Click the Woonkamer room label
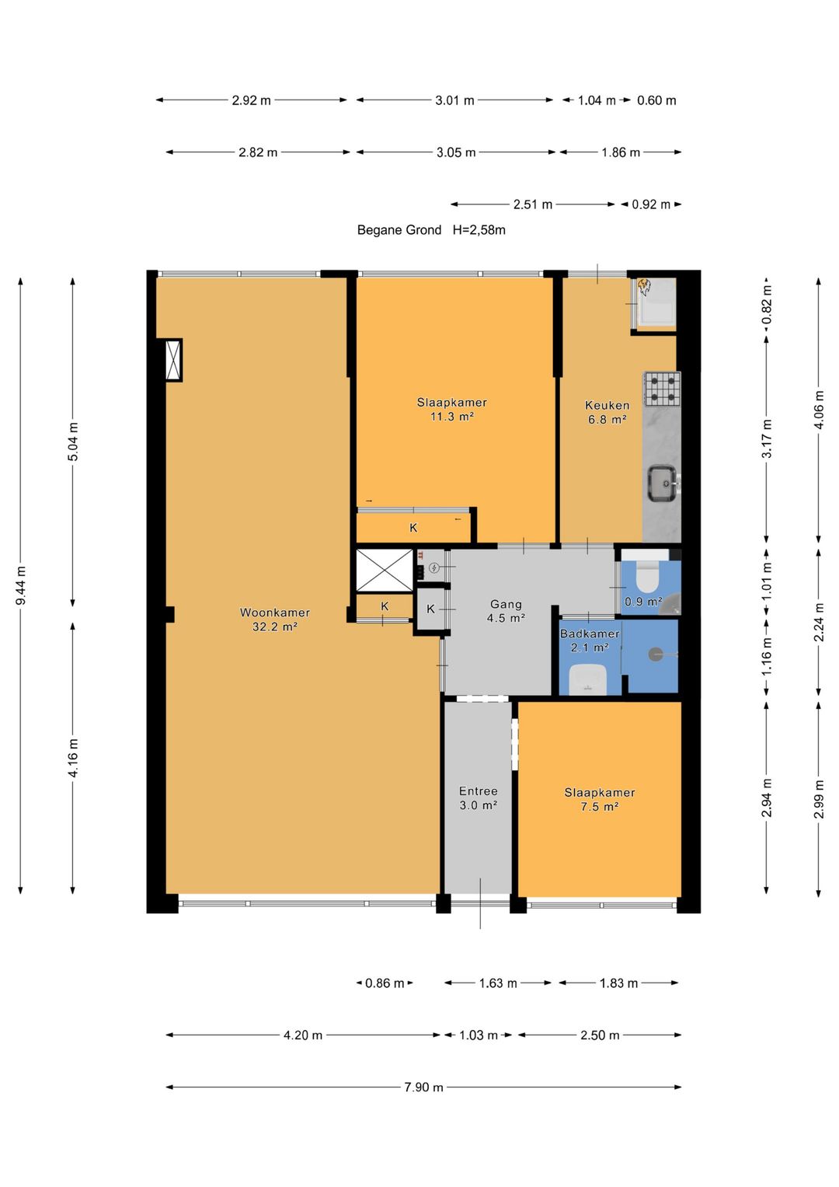coord(274,612)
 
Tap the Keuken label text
coord(607,405)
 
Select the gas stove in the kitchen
coord(662,389)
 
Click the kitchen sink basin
coord(663,483)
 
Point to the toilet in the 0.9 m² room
coord(646,578)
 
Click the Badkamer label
coord(590,634)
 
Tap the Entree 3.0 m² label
coord(479,798)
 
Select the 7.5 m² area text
coord(600,807)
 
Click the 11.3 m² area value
coord(452,417)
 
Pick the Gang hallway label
coord(506,604)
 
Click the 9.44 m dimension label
coord(21,585)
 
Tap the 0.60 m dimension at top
coord(656,100)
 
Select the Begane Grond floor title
coord(399,230)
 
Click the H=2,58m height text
coord(479,230)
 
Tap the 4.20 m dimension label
coord(303,1035)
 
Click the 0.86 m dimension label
coord(385,983)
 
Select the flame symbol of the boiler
coord(644,287)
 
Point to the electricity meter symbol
coord(433,568)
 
